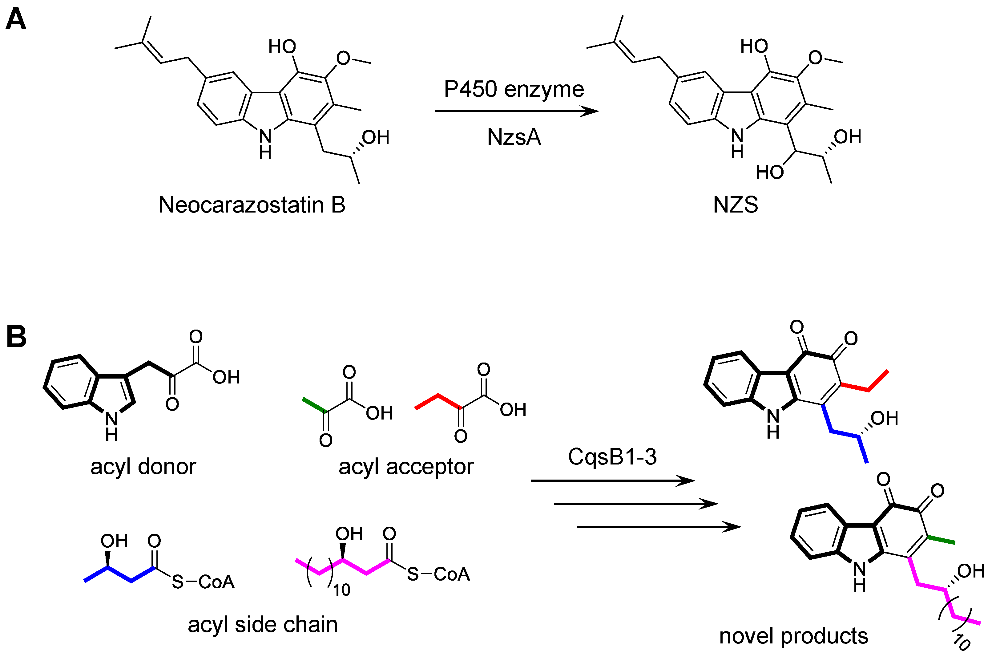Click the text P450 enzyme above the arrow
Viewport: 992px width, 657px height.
pyautogui.click(x=514, y=89)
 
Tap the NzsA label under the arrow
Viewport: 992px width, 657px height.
pyautogui.click(x=514, y=137)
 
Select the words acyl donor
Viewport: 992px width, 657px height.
pyautogui.click(x=143, y=467)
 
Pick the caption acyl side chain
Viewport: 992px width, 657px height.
pyautogui.click(x=263, y=625)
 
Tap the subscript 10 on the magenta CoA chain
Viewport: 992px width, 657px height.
pyautogui.click(x=341, y=590)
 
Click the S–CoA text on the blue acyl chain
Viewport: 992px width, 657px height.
pyautogui.click(x=203, y=582)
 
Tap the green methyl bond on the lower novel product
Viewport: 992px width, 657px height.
pyautogui.click(x=941, y=540)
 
